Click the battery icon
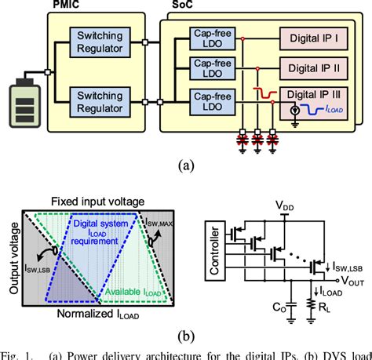coord(25,101)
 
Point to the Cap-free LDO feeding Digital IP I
coord(209,38)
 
